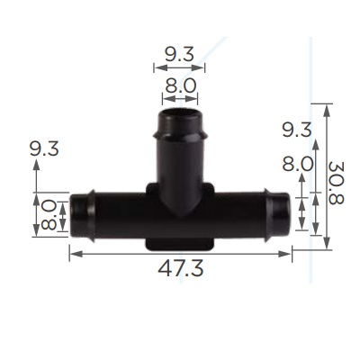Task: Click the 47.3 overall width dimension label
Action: tap(181, 268)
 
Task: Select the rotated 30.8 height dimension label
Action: tap(336, 183)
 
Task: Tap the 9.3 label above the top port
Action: tap(179, 55)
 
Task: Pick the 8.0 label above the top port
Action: tap(181, 85)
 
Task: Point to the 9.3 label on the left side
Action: tap(44, 148)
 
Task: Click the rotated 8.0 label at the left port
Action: tap(49, 216)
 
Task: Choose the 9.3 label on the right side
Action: tap(297, 130)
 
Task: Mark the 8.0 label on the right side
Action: tap(298, 165)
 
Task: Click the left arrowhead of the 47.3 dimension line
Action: tap(76, 254)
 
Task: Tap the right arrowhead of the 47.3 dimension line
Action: tap(284, 254)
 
